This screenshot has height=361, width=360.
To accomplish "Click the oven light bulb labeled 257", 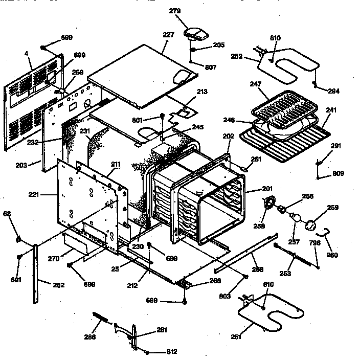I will tap(295, 218).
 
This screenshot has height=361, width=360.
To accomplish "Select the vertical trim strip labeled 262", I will tap(36, 274).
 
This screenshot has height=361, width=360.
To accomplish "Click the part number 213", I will tap(201, 92).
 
